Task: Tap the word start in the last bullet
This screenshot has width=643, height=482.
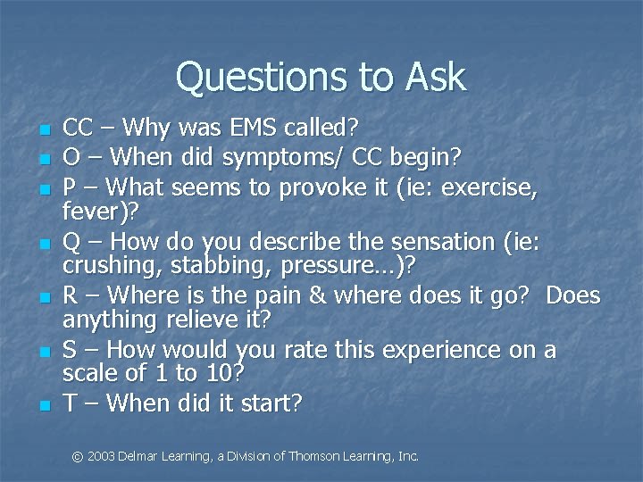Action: coord(268,403)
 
